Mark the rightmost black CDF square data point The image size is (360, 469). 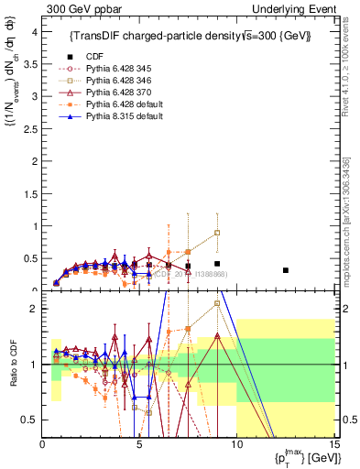coord(286,270)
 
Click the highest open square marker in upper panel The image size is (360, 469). coord(217,233)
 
